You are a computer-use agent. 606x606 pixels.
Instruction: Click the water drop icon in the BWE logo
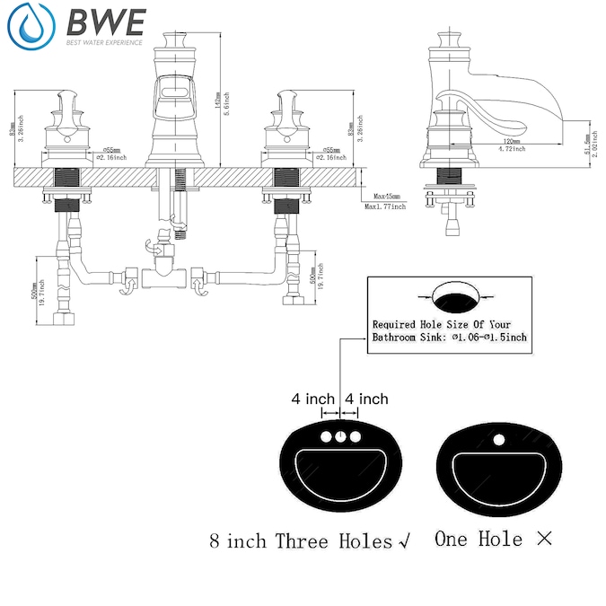point(30,27)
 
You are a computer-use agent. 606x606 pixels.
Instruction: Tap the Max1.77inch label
point(385,207)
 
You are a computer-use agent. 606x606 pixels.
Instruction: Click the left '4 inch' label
point(313,399)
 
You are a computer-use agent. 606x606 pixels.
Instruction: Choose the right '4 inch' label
point(367,399)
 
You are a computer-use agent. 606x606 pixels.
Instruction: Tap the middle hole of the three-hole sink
point(340,437)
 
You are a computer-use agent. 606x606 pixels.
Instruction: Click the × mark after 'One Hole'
point(544,540)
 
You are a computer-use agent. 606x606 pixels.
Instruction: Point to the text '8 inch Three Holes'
point(301,541)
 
